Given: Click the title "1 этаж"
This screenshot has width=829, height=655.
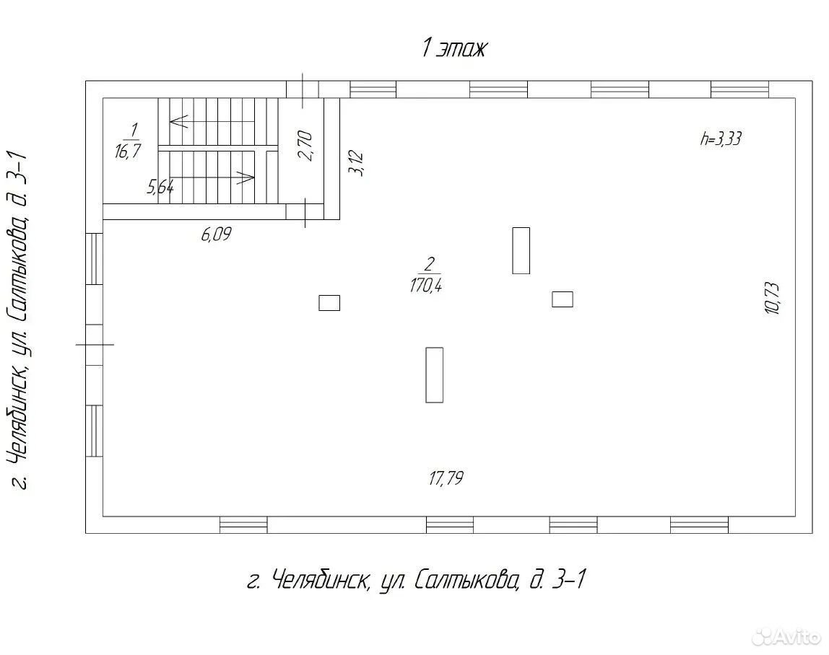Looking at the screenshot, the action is coord(453,48).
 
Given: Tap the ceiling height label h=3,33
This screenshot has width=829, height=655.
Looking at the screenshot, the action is coord(721,139).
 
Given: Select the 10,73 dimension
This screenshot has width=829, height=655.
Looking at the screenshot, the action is coord(773,299).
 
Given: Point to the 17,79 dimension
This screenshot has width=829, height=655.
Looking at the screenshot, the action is coord(446,478).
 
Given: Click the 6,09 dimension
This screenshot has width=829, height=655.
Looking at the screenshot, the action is coord(216,234).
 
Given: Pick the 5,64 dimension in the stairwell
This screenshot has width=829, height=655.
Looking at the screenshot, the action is coord(160,186).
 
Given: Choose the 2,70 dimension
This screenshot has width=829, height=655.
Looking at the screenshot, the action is coord(305,146).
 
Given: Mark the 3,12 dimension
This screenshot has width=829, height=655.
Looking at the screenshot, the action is coord(356,163).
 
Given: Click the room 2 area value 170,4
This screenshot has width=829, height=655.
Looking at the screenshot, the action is coord(425,286).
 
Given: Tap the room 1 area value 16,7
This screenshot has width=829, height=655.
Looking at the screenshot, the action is coord(128,151).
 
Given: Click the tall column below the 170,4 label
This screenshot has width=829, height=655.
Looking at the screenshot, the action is coord(435,375).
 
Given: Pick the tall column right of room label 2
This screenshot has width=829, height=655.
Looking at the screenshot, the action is coord(521,250).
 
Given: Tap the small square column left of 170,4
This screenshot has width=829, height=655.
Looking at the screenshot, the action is coord(329,303).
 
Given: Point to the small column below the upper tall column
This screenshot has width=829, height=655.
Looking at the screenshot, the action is coord(563,299).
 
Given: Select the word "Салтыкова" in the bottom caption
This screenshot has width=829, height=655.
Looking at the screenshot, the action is coord(465,580).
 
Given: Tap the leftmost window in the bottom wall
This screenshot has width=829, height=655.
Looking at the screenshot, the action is coord(244,525).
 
